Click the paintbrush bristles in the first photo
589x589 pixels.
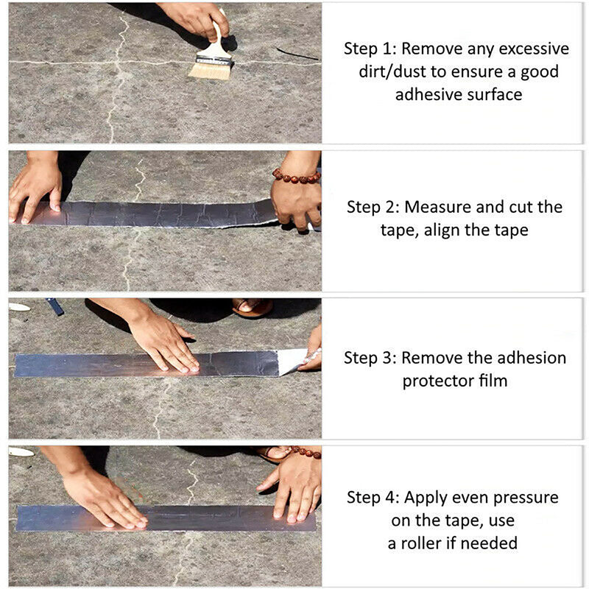[210, 70]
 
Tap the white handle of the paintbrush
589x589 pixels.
[216, 40]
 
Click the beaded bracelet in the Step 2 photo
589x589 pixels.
[296, 177]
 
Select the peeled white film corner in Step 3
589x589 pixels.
[292, 361]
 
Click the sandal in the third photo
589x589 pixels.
[253, 306]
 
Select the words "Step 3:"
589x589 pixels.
[370, 359]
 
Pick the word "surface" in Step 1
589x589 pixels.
[493, 94]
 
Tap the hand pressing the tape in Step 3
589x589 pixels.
[166, 342]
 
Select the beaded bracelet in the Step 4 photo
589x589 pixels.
[306, 452]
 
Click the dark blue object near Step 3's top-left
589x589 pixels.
[55, 306]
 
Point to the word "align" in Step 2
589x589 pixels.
[444, 230]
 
